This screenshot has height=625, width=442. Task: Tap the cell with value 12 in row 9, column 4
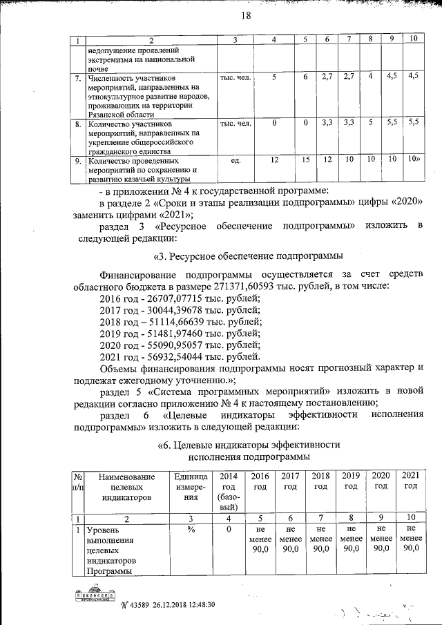274,160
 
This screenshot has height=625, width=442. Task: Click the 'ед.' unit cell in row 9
235,160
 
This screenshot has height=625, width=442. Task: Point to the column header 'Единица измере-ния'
191,486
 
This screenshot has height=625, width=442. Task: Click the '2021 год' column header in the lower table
410,481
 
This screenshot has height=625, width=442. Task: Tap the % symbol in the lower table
191,530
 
